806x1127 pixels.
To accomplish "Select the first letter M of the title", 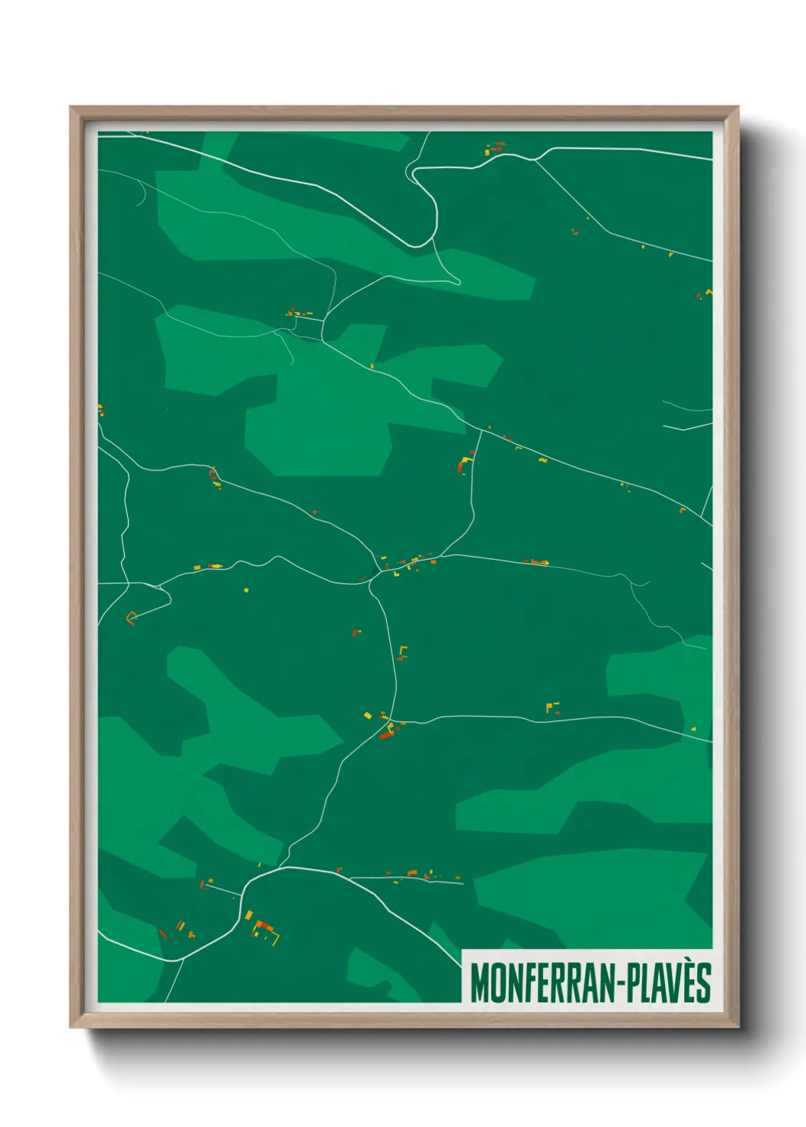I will coord(479,983).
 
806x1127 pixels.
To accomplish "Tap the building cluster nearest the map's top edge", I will coord(496,148).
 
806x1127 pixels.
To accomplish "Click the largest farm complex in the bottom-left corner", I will coord(264,930).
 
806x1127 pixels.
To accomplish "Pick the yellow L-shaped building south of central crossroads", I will coord(403,652).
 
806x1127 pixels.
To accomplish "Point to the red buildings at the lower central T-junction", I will coord(387,733).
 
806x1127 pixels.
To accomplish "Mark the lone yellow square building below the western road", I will coord(246,589).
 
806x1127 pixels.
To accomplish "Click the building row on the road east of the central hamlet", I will coord(536,562).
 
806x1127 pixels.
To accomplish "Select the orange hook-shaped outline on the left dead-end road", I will coord(131,618).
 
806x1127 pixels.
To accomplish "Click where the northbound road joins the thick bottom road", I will coord(280,867).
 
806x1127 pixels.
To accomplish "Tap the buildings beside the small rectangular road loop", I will coord(299,312).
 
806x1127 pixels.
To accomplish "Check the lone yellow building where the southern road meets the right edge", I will coord(693,729).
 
